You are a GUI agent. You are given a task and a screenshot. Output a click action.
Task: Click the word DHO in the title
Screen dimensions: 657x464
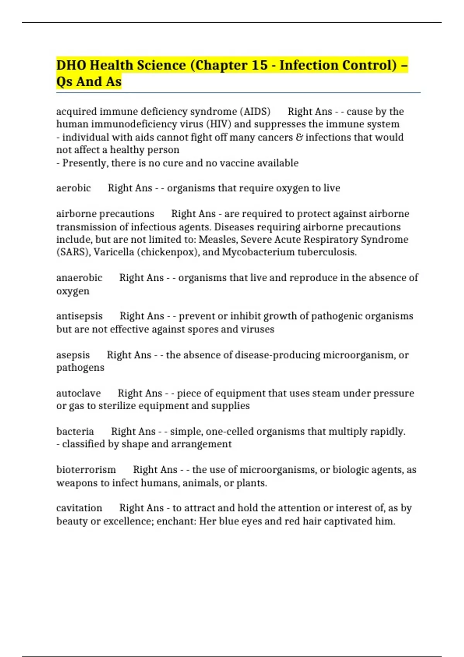(71, 65)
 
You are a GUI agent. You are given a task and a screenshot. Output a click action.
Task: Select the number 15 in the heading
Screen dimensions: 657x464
(259, 65)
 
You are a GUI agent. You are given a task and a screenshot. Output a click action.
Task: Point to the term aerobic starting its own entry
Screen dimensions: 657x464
(73, 188)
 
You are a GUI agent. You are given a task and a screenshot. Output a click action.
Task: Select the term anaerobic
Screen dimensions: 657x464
(79, 278)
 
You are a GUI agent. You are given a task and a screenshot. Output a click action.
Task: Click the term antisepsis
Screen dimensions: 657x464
(79, 316)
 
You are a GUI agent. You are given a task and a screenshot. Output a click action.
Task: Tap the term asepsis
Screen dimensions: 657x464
(73, 355)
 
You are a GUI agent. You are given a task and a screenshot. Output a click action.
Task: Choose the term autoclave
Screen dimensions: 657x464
(78, 393)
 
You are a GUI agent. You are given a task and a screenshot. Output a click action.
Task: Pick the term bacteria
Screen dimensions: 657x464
(75, 431)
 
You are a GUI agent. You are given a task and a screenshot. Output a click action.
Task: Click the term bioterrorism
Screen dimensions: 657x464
(86, 470)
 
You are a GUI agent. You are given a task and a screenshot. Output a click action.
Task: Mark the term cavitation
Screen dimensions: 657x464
(79, 508)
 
